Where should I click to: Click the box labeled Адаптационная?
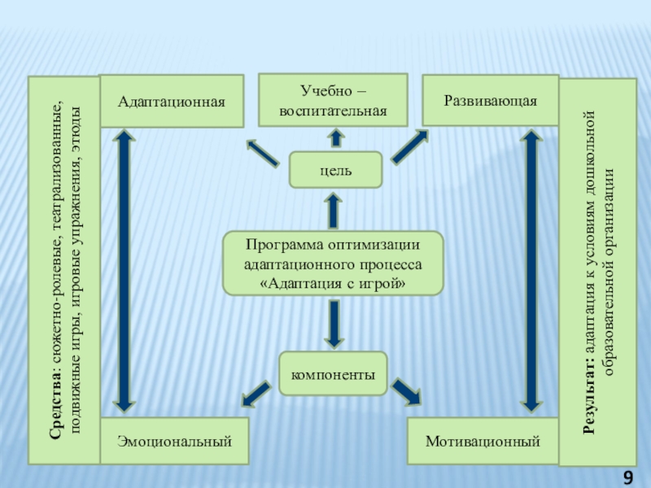pos(171,101)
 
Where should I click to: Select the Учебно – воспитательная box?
pos(332,100)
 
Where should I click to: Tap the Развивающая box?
pos(490,100)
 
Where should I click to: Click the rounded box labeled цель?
pos(335,169)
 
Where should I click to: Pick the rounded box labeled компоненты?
pos(333,374)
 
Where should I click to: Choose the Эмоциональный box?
pos(174,442)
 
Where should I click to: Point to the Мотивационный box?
pos(483,442)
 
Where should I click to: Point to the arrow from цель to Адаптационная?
pos(262,151)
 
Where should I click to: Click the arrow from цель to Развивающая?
pos(409,147)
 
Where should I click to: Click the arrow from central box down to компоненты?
pos(333,322)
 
